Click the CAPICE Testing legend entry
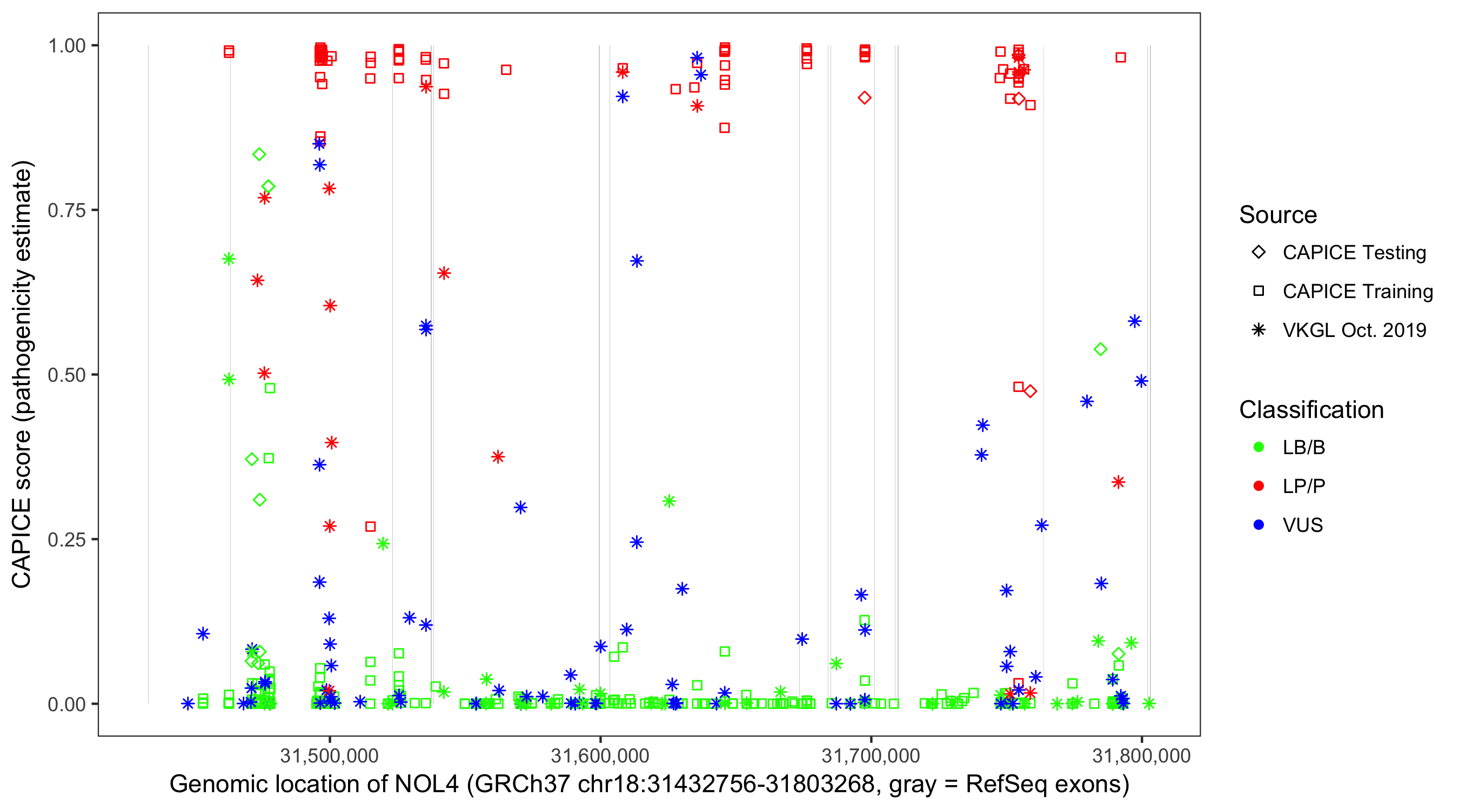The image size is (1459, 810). [x=1354, y=253]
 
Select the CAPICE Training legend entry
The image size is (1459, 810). [x=1357, y=292]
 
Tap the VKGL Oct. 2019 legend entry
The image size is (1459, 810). [x=1354, y=330]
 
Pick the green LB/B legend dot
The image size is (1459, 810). [x=1259, y=447]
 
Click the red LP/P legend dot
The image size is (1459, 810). [x=1259, y=486]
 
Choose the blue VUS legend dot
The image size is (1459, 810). [x=1259, y=525]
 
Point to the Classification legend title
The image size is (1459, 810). [x=1310, y=410]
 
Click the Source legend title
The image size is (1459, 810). [x=1278, y=215]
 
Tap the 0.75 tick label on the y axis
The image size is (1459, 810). [x=66, y=211]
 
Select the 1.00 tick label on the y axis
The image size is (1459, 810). [x=66, y=46]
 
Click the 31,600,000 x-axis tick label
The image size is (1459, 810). [x=600, y=755]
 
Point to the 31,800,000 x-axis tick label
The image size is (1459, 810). [x=1141, y=755]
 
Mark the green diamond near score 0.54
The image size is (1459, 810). [x=1100, y=349]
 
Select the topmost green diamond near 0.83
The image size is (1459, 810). [x=259, y=154]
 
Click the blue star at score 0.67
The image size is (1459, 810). [x=637, y=261]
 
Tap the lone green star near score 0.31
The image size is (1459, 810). [x=669, y=501]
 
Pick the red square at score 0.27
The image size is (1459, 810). [x=370, y=526]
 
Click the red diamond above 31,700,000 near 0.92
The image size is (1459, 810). [x=864, y=98]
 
